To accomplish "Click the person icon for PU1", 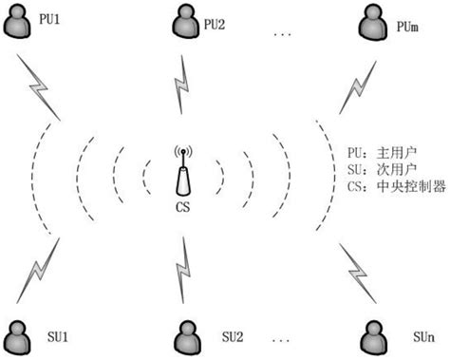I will pyautogui.click(x=16, y=24).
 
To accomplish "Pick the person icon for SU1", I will pyautogui.click(x=16, y=336).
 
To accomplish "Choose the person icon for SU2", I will pyautogui.click(x=187, y=336).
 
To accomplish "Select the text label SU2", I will pyautogui.click(x=233, y=337).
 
